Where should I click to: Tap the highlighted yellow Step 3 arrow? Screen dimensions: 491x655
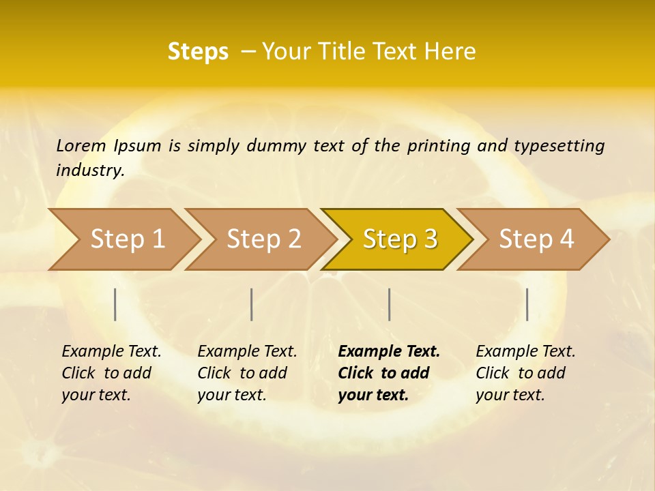click(x=398, y=239)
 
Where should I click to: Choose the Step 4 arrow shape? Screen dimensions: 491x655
click(x=535, y=239)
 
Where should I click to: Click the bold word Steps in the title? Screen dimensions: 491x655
click(x=198, y=52)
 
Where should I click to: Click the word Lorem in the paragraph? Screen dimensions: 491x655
click(x=81, y=145)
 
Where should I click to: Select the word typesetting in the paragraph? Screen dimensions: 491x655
click(x=559, y=146)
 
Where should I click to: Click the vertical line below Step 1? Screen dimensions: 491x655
click(x=115, y=304)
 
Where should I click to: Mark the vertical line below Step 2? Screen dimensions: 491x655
click(x=252, y=304)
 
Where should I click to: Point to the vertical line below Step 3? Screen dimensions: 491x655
click(x=390, y=304)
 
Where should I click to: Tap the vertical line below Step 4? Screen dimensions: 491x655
click(x=527, y=304)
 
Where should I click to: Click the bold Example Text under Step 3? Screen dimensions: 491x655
click(x=389, y=352)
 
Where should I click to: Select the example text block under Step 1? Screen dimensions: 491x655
click(x=111, y=373)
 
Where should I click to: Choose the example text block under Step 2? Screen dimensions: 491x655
click(x=247, y=373)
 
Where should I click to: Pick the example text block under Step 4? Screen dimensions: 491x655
click(x=525, y=373)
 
